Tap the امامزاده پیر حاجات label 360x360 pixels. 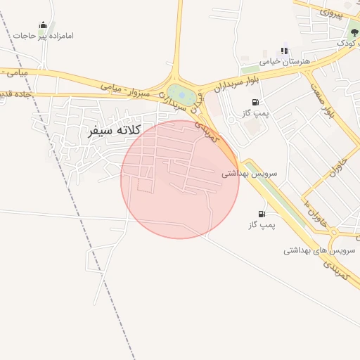tap(48, 36)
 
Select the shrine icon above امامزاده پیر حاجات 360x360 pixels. tap(43, 25)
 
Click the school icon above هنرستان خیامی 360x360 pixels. tap(284, 51)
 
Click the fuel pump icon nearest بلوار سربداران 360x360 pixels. tap(253, 103)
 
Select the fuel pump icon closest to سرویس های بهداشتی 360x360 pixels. tap(262, 214)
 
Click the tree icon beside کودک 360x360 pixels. tap(354, 32)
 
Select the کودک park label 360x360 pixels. tap(345, 43)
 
